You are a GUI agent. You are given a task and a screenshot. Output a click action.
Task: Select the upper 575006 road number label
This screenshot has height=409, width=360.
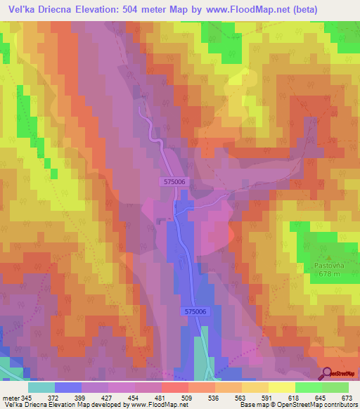coord(172,181)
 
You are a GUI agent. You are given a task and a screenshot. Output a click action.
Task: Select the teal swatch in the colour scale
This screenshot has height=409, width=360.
coord(41,387)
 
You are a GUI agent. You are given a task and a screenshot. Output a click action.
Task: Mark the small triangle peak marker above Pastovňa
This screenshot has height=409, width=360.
coord(325,257)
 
